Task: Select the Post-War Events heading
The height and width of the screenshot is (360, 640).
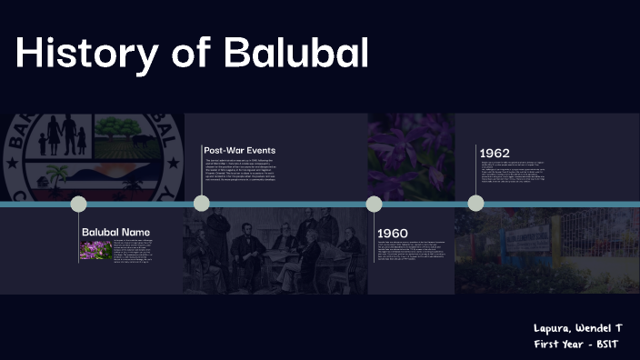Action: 239,150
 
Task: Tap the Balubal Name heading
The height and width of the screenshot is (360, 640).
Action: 115,232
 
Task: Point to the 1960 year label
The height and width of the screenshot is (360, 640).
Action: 393,233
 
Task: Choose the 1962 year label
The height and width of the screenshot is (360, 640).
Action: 495,153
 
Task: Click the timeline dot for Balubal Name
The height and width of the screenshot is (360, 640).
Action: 79,204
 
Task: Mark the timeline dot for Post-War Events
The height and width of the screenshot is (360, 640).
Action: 202,204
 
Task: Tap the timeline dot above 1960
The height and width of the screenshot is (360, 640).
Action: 374,204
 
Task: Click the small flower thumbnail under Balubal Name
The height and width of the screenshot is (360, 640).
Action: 96,250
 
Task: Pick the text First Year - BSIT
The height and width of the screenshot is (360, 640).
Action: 585,344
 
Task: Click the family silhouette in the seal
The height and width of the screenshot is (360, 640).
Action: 62,136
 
